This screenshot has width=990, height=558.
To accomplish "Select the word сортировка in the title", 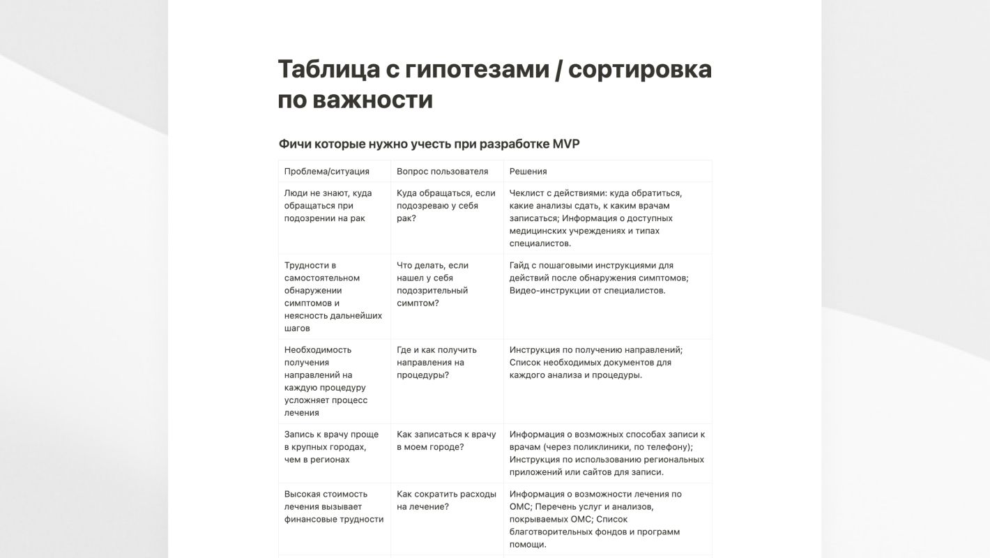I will pyautogui.click(x=645, y=70).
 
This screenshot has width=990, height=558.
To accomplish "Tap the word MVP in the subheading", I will pyautogui.click(x=566, y=144).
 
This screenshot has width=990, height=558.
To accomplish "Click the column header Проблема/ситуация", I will pyautogui.click(x=326, y=171).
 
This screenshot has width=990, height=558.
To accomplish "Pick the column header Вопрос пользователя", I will pyautogui.click(x=442, y=171).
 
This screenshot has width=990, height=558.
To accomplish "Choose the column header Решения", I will pyautogui.click(x=528, y=171).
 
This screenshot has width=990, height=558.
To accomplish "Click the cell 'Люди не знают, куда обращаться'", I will pyautogui.click(x=328, y=206).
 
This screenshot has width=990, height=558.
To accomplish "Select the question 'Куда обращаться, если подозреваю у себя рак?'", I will pyautogui.click(x=445, y=206).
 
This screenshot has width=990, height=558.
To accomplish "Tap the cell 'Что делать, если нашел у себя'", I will pyautogui.click(x=432, y=284).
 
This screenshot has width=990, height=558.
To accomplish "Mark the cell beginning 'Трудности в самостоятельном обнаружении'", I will pyautogui.click(x=333, y=296).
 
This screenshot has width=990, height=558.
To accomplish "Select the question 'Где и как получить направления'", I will pyautogui.click(x=436, y=362).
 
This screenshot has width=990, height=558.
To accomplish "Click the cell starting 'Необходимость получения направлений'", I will pyautogui.click(x=326, y=381).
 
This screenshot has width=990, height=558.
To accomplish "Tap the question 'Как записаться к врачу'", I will pyautogui.click(x=446, y=440).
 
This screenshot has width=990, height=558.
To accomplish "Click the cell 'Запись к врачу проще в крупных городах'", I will pyautogui.click(x=331, y=446).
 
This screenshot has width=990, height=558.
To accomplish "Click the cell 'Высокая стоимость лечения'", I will pyautogui.click(x=333, y=506).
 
